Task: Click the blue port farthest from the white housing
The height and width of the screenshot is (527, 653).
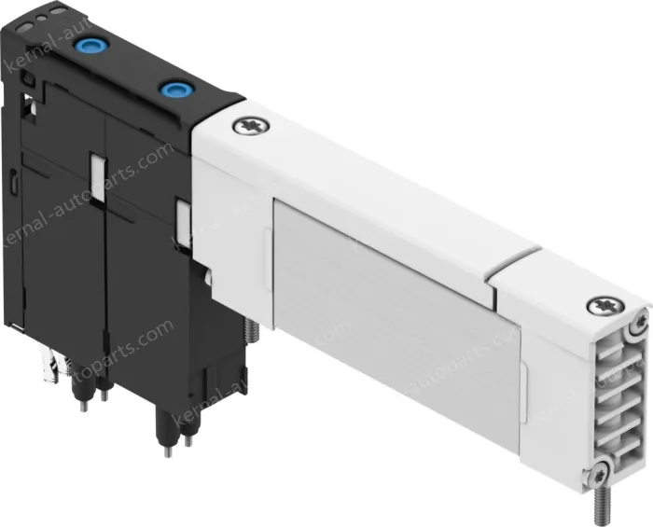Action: tap(93, 45)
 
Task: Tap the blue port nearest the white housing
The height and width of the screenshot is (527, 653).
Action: tap(172, 90)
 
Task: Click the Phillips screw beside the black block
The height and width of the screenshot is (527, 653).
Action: tap(249, 125)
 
